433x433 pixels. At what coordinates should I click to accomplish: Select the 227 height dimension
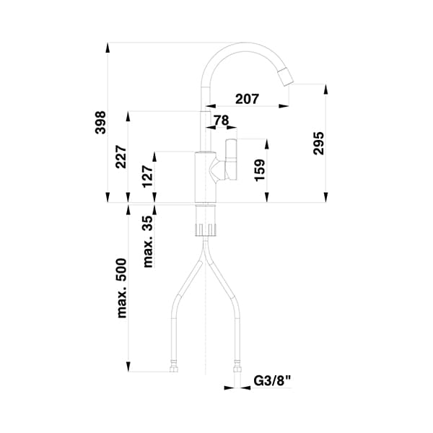point(121,157)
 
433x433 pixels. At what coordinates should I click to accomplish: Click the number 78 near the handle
point(222,120)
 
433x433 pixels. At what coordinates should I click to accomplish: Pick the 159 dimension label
point(261,170)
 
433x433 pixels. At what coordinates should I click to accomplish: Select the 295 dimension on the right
point(319,145)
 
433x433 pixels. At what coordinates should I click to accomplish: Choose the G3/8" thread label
point(272,380)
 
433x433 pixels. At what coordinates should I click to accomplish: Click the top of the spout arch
point(242,45)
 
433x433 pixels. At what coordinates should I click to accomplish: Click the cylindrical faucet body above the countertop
point(206,177)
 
